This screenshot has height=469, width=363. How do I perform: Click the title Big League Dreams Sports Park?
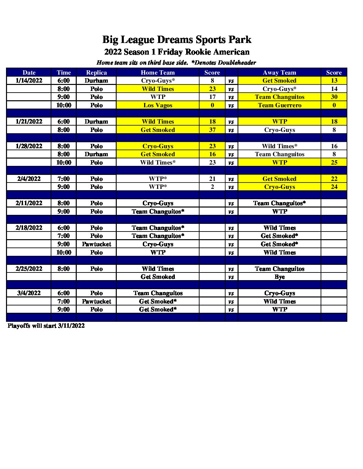tap(176, 40)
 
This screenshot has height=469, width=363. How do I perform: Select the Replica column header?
tap(96, 73)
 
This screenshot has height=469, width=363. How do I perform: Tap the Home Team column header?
tap(158, 73)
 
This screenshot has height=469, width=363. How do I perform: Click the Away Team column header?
tap(280, 73)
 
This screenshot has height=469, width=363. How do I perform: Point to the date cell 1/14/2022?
tap(29, 81)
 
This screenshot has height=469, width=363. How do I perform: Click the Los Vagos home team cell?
tap(158, 105)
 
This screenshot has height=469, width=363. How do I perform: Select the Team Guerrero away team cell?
tap(280, 105)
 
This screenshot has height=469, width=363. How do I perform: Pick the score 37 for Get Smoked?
tap(212, 130)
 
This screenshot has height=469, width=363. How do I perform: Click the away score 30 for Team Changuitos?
tap(334, 97)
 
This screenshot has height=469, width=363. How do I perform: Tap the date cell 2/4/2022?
tap(29, 179)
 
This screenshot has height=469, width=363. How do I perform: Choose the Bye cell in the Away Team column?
tap(280, 277)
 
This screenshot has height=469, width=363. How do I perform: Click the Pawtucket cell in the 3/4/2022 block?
tap(96, 301)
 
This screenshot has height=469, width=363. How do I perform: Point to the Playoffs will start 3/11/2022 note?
tap(46, 326)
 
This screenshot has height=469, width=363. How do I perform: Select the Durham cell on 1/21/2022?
tap(96, 122)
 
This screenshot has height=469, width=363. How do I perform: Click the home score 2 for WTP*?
tap(212, 187)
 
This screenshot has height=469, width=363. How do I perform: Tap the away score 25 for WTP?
tap(334, 163)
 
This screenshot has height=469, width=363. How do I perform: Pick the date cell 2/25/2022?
tap(29, 269)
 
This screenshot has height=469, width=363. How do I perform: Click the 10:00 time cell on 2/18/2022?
tap(64, 252)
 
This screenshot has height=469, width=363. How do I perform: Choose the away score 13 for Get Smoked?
tap(334, 81)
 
